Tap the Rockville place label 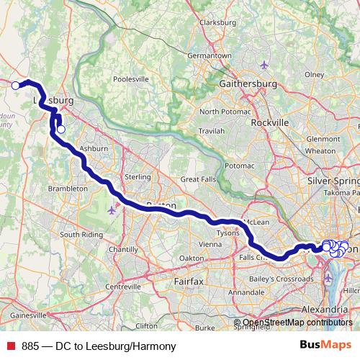click(x=270, y=122)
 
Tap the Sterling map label click(x=138, y=176)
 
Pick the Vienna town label click(x=211, y=244)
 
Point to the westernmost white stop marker click(x=15, y=85)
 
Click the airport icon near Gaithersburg click(x=264, y=66)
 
